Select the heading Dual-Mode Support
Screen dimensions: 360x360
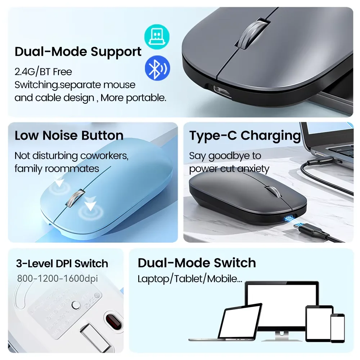pos(78,51)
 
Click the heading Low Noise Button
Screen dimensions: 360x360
pos(69,135)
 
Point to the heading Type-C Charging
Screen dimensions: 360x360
pos(245,135)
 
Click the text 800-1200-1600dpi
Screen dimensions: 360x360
pos(57,278)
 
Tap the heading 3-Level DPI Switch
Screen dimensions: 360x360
pos(62,264)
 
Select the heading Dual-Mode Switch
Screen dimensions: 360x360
pos(197,263)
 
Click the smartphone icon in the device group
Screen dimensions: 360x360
pos(337,328)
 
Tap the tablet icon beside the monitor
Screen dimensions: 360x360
pos(319,323)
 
